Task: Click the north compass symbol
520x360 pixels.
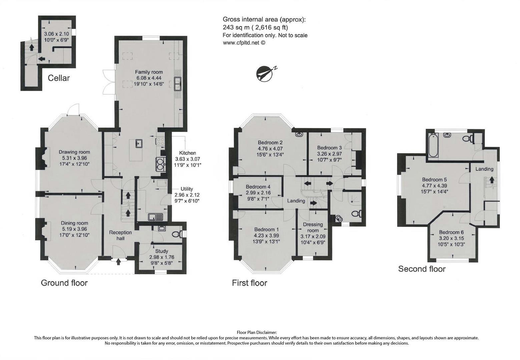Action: [264, 73]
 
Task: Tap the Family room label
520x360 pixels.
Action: [149, 72]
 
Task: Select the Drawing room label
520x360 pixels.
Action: [74, 152]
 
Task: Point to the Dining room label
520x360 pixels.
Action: [74, 223]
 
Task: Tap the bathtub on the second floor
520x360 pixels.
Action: [433, 145]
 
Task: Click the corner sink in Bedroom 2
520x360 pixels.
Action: [299, 135]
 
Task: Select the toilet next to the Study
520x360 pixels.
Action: [176, 234]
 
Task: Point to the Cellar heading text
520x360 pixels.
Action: [59, 78]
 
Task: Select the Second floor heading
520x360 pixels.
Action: [422, 269]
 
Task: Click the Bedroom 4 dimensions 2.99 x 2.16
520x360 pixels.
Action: [258, 193]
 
